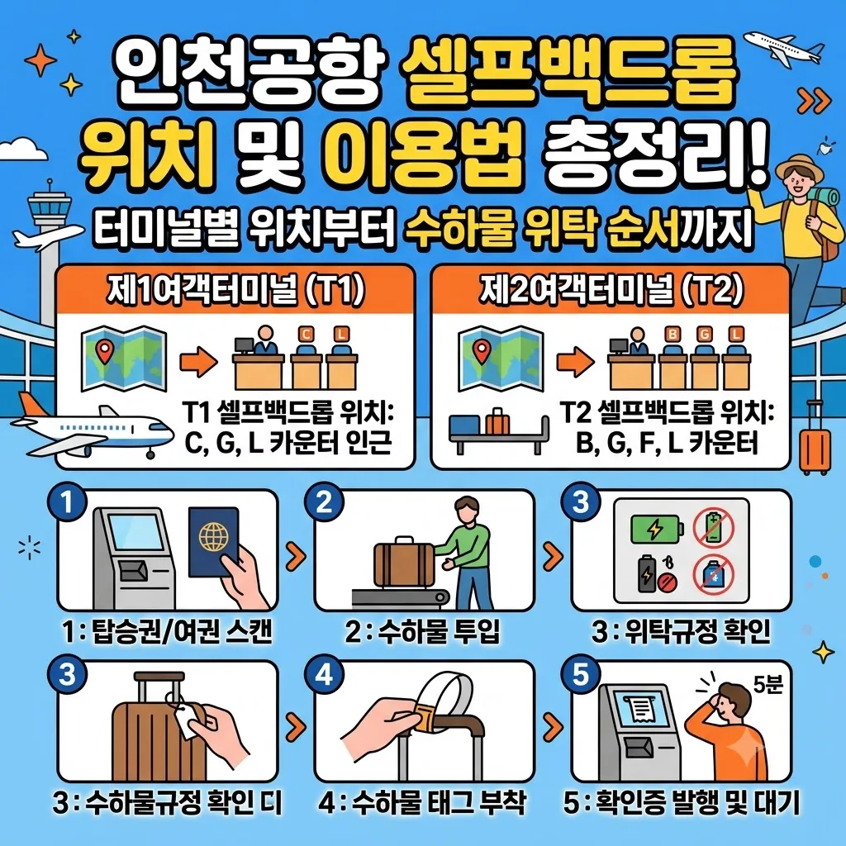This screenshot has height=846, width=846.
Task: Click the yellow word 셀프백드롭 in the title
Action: [x=568, y=74]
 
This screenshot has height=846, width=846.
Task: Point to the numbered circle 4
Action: [x=324, y=675]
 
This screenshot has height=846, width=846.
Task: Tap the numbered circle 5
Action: [x=581, y=675]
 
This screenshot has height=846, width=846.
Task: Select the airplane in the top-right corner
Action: [x=782, y=47]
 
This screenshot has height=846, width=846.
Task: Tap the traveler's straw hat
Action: [x=799, y=168]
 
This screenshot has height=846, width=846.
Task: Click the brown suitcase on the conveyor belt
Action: [x=404, y=563]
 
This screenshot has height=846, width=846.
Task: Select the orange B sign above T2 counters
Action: [x=672, y=334]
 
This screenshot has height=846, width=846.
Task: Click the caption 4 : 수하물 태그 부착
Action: [x=422, y=803]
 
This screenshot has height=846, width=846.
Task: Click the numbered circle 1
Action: [x=67, y=503]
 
